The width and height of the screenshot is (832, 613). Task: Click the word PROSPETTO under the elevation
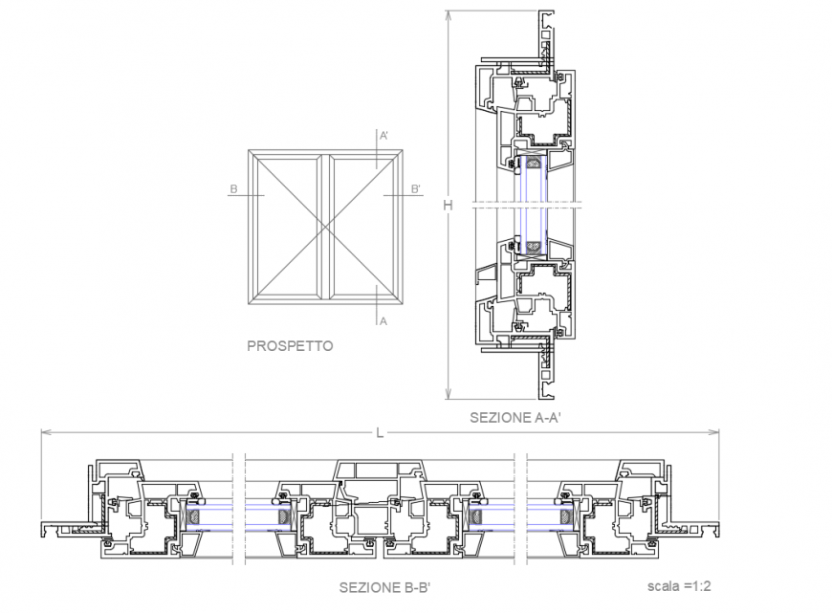290,346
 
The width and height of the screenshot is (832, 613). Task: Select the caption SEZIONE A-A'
514,418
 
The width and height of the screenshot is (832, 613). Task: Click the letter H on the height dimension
448,204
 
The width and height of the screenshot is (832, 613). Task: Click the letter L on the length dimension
380,433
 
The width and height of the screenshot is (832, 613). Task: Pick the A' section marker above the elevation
383,136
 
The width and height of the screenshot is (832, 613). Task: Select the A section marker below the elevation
383,321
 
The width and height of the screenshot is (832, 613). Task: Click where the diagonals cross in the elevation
325,226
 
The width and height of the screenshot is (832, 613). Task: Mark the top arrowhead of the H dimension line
448,12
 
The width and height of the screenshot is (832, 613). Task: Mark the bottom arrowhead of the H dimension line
448,396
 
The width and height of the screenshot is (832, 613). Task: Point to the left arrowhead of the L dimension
42,433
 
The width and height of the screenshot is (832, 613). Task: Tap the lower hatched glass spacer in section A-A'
533,249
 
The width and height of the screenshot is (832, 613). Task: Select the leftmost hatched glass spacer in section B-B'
195,517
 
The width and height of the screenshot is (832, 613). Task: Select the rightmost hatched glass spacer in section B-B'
567,517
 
